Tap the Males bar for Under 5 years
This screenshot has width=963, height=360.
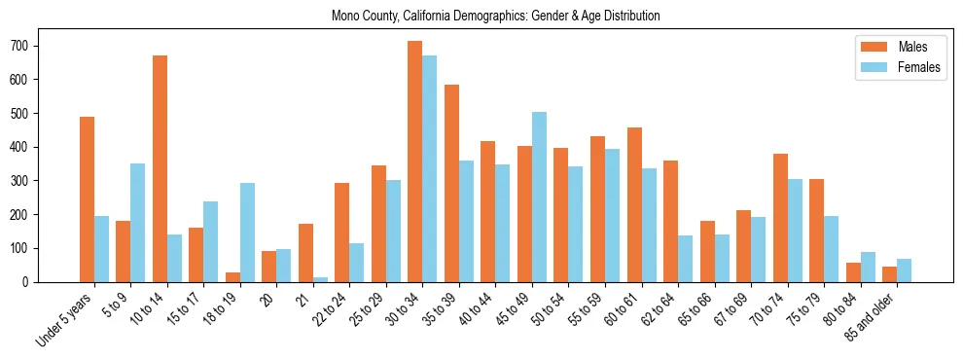(87, 199)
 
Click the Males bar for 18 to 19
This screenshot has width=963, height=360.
(232, 277)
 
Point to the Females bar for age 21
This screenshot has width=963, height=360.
(320, 279)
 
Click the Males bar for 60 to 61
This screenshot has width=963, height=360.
(634, 205)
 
